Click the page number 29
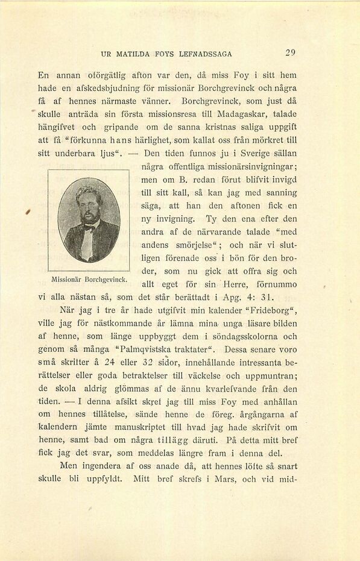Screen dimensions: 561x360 tap(290, 52)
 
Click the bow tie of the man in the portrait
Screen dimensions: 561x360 tap(89, 227)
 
